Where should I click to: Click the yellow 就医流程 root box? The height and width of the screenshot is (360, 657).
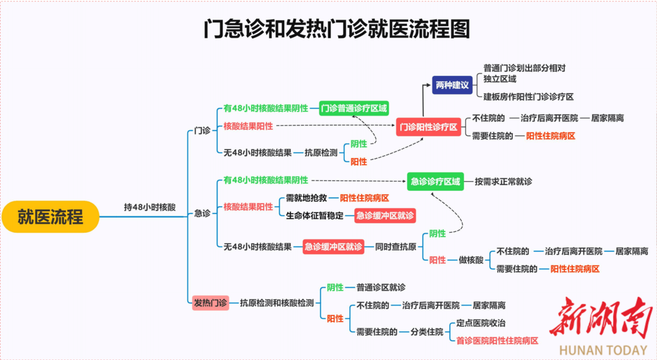50,216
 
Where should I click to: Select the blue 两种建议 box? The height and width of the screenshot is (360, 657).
453,85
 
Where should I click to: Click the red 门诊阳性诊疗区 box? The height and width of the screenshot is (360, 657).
428,127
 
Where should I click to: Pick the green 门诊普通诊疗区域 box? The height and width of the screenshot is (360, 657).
353,108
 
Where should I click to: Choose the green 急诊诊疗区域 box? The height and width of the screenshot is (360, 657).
435,181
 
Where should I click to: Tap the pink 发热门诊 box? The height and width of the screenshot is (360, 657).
210,302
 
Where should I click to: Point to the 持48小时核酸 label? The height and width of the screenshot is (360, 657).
150,207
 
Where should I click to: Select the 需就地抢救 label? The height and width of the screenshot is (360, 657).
307,198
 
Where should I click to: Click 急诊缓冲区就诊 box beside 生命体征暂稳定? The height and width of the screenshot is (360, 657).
385,215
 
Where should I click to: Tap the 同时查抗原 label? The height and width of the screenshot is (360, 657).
395,246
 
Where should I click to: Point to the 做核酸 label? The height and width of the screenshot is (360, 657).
470,260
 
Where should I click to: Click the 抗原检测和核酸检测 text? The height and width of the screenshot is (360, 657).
276,302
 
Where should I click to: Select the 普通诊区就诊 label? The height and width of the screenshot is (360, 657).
381,287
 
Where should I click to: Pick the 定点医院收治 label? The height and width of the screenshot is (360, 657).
481,324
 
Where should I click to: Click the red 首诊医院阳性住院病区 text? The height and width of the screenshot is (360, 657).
497,341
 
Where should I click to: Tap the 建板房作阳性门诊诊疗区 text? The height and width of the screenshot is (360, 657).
529,97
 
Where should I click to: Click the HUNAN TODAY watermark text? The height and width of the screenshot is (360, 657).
603,350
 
